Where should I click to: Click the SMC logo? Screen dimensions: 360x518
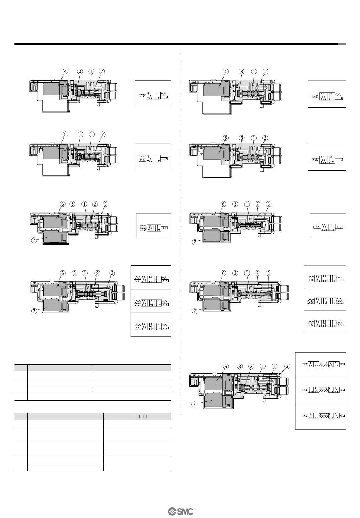click(x=180, y=512)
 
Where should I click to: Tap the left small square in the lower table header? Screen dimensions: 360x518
click(x=138, y=417)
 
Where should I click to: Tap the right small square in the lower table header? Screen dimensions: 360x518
click(x=145, y=417)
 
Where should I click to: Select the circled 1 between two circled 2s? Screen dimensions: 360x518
click(x=263, y=366)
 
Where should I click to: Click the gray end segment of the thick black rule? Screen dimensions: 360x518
click(x=342, y=44)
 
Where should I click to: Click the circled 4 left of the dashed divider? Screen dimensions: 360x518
click(x=66, y=71)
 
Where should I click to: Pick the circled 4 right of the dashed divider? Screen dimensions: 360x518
click(x=225, y=72)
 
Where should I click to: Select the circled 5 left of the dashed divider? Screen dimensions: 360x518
click(x=66, y=134)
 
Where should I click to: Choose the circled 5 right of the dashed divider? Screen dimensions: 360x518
click(x=225, y=138)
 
